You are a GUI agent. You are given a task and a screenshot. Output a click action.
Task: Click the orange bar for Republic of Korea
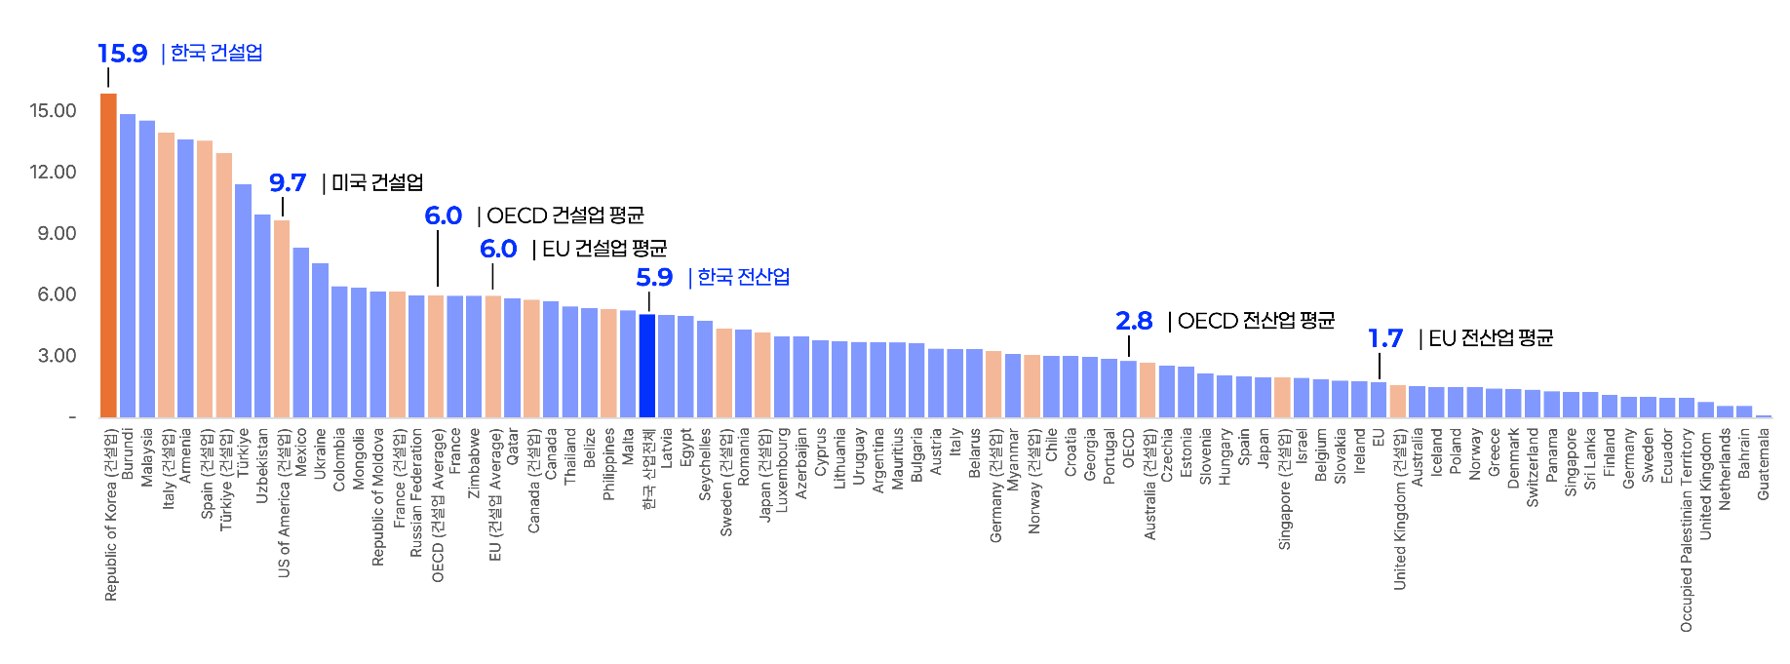(x=108, y=255)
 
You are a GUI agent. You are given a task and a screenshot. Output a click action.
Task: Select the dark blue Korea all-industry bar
(x=647, y=366)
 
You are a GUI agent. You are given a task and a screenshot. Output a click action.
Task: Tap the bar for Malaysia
(x=147, y=269)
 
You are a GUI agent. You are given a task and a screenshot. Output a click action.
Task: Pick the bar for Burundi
(x=128, y=265)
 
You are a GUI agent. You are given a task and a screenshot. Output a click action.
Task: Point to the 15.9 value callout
(x=123, y=54)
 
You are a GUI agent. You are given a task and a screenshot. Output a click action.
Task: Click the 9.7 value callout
(x=288, y=183)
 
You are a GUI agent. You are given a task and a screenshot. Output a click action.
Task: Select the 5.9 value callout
(x=654, y=278)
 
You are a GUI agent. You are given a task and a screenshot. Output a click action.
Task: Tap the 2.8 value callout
(x=1134, y=321)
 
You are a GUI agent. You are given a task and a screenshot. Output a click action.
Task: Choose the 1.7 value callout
(x=1384, y=338)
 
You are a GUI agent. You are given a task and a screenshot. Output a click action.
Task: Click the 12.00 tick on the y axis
(x=53, y=173)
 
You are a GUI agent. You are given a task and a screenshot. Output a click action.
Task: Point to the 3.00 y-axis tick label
(x=57, y=356)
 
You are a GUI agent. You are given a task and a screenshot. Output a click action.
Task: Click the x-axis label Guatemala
(x=1764, y=464)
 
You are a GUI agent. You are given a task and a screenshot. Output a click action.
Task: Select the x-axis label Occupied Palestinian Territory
(x=1687, y=529)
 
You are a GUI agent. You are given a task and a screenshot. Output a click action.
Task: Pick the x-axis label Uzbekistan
(x=262, y=465)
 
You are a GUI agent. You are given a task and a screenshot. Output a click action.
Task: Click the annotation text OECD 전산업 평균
(x=1256, y=321)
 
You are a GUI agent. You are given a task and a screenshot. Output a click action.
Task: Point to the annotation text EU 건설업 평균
(x=604, y=250)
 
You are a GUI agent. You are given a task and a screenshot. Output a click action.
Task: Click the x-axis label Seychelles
(x=706, y=464)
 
